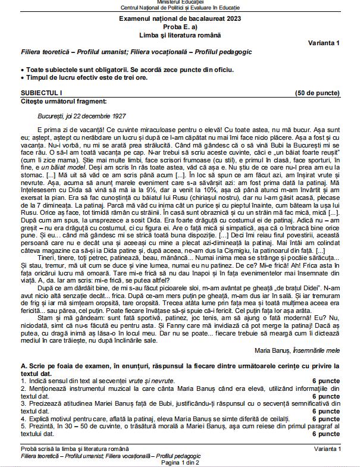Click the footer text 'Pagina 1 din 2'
point(180,462)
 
